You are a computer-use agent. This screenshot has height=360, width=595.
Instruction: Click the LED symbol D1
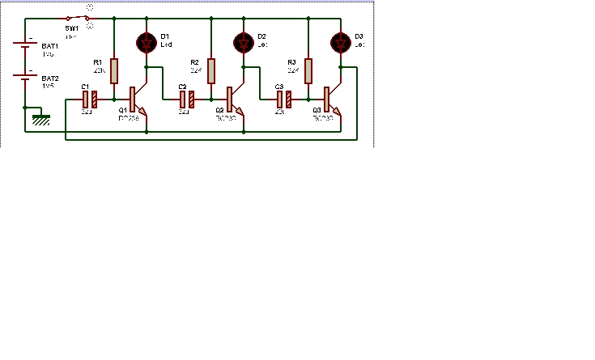click(147, 42)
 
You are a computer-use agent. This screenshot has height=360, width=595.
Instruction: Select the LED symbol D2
click(244, 42)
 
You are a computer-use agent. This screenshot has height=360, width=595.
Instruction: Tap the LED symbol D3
click(341, 42)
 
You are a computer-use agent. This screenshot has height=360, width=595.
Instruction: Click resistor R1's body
click(114, 71)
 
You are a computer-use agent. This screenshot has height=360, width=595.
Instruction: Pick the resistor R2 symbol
click(211, 71)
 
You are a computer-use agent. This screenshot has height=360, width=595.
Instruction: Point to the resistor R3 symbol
click(308, 71)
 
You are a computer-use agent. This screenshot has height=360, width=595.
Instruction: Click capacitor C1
click(90, 100)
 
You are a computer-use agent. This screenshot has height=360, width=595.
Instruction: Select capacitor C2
click(187, 100)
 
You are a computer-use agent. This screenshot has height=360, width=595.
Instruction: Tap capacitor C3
click(284, 100)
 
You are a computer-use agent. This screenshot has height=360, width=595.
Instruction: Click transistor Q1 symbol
click(138, 100)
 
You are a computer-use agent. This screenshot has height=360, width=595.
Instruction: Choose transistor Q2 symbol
click(235, 100)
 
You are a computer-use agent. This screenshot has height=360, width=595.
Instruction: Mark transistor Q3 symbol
click(332, 100)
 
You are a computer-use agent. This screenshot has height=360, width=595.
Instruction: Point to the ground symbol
click(40, 119)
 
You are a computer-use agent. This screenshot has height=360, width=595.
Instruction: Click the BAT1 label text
click(49, 47)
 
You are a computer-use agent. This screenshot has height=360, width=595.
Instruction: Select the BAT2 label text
click(49, 78)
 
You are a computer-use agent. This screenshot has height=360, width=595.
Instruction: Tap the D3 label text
click(359, 36)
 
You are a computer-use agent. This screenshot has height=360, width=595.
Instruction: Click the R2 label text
click(194, 62)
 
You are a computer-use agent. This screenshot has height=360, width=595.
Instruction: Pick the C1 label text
click(84, 87)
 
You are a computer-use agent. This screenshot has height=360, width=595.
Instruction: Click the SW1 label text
click(72, 28)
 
